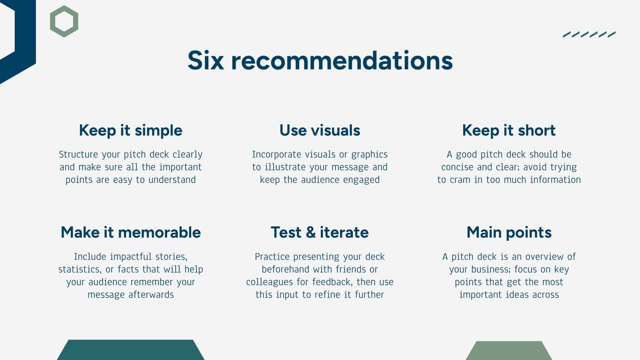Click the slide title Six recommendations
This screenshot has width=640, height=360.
pyautogui.click(x=320, y=61)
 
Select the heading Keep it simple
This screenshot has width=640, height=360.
pyautogui.click(x=130, y=130)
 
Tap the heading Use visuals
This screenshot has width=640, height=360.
pyautogui.click(x=320, y=130)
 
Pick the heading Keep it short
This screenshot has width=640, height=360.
pyautogui.click(x=509, y=130)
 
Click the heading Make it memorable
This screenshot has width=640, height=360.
pyautogui.click(x=130, y=232)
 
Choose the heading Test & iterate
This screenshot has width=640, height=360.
pyautogui.click(x=320, y=232)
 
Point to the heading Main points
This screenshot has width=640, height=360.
pyautogui.click(x=509, y=232)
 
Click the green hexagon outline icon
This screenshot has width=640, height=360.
pyautogui.click(x=64, y=21)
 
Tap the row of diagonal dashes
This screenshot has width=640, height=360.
pyautogui.click(x=589, y=34)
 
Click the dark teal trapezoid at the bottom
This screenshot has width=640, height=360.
pyautogui.click(x=130, y=350)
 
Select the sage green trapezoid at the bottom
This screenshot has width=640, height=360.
pyautogui.click(x=509, y=351)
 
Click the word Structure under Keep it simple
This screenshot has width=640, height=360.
pyautogui.click(x=78, y=154)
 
